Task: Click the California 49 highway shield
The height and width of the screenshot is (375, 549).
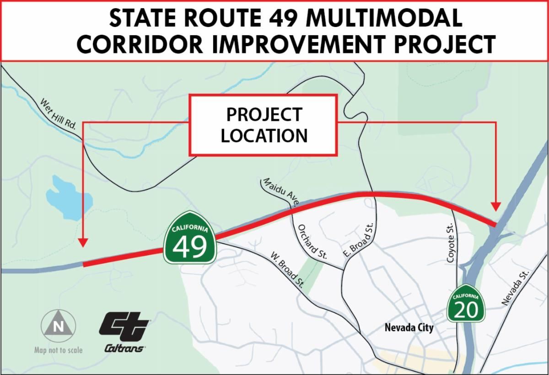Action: point(190,238)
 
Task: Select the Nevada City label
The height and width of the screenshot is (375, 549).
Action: point(409,328)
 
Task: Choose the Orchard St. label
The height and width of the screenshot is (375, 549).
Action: point(312,242)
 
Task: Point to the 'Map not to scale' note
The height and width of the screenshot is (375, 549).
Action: point(59,350)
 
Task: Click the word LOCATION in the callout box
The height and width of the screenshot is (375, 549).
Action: point(264,135)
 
